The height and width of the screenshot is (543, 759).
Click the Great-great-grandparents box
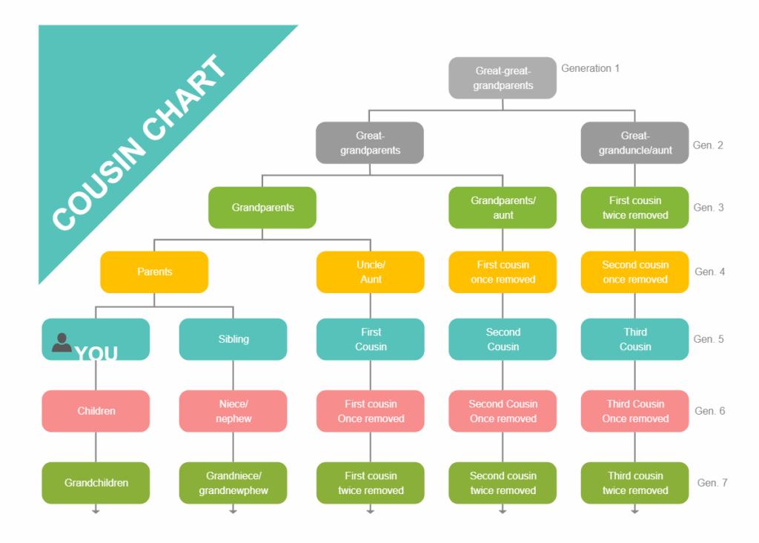[503, 78]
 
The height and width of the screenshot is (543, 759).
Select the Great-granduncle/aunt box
[635, 142]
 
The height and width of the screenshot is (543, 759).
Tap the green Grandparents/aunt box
[503, 208]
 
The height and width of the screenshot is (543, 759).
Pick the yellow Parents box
[154, 272]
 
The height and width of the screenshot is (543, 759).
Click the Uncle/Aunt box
[371, 272]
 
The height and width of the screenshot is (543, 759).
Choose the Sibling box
[233, 339]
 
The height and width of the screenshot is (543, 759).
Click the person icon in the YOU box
[62, 342]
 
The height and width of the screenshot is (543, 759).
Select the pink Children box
[96, 411]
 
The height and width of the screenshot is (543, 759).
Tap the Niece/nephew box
[233, 411]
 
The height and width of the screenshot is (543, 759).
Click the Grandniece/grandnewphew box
[233, 483]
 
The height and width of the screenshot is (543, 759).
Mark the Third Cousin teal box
[635, 339]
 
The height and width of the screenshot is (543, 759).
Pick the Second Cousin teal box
[503, 339]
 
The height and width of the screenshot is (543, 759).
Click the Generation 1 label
[590, 68]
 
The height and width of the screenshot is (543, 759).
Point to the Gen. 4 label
[709, 272]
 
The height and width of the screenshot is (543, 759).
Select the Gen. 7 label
[712, 483]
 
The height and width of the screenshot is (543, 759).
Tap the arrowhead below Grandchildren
[96, 511]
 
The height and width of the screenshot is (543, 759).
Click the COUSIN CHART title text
[141, 142]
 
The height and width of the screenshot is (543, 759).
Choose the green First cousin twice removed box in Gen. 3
[635, 208]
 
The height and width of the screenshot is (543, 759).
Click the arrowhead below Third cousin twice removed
[635, 511]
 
